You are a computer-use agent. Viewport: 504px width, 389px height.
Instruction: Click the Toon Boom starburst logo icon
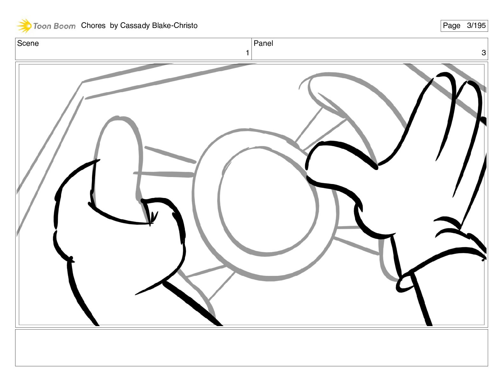(x=24, y=26)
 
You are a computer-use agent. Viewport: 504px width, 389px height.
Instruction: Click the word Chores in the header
(x=93, y=25)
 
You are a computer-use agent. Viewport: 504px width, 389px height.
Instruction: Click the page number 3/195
(x=476, y=25)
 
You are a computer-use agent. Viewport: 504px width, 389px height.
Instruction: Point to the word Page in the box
(x=451, y=26)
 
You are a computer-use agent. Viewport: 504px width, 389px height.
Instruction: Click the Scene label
(x=28, y=43)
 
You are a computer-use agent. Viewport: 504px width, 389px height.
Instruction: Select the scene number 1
(x=247, y=53)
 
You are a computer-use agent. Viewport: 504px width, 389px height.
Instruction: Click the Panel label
(x=263, y=43)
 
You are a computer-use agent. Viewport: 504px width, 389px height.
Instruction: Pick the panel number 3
(x=484, y=53)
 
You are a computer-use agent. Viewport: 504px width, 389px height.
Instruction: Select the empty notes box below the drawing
(x=252, y=348)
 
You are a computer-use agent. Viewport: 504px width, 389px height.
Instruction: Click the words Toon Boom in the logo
(x=54, y=26)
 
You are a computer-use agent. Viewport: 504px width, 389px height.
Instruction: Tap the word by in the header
(x=114, y=26)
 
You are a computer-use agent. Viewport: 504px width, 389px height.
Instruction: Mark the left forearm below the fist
(x=144, y=301)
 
